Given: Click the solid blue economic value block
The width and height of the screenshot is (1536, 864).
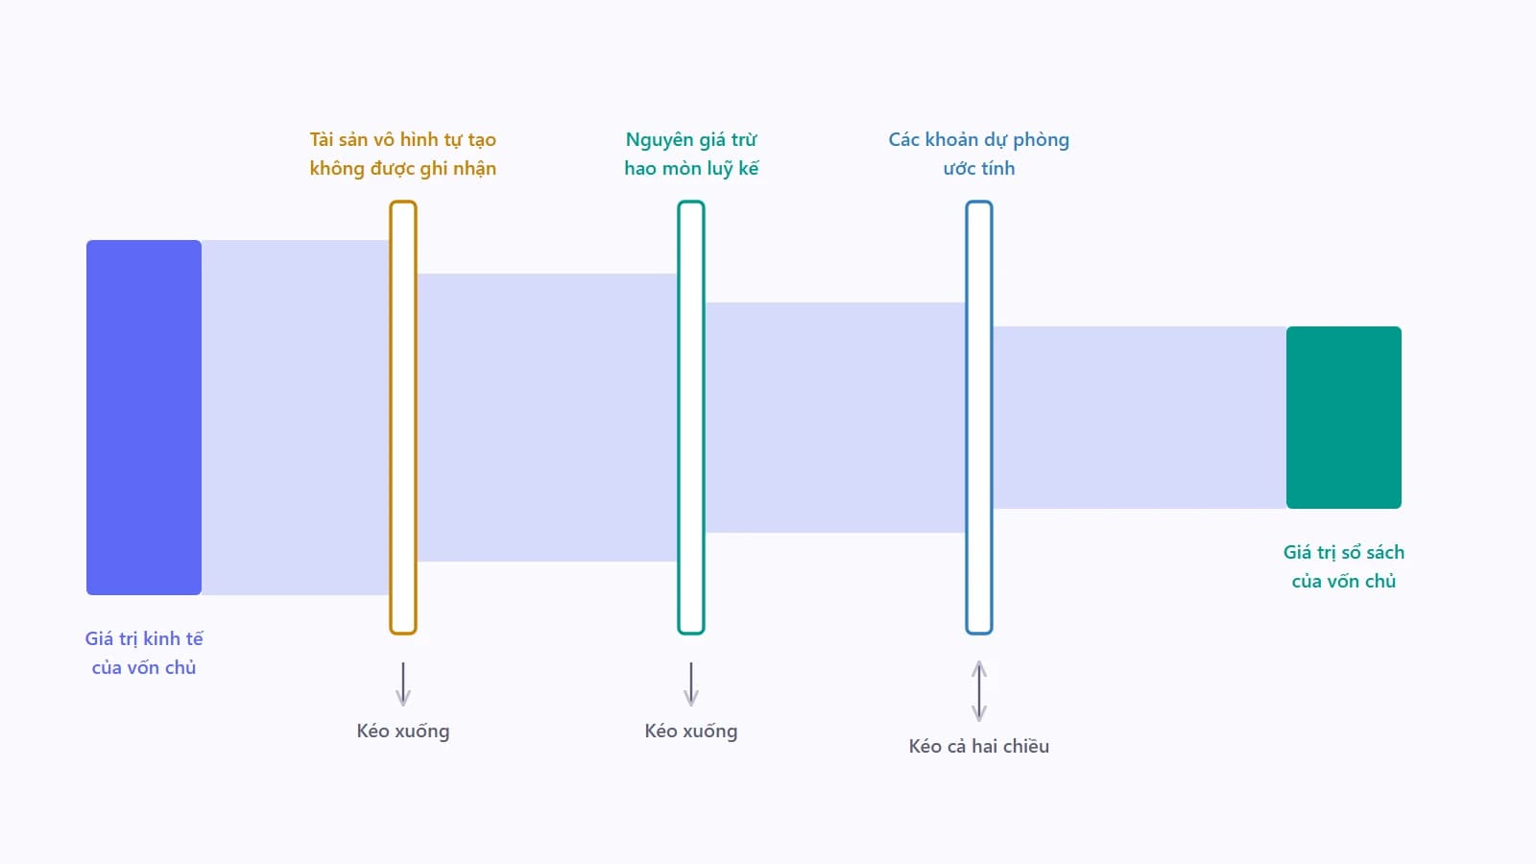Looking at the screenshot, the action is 144,417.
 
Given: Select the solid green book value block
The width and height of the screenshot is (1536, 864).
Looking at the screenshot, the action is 1343,417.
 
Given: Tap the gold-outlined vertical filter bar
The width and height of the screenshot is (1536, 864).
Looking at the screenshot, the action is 403,417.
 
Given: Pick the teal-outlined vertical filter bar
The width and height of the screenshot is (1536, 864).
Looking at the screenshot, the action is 691,417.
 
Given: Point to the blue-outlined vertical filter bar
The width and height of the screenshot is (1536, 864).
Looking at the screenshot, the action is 979,417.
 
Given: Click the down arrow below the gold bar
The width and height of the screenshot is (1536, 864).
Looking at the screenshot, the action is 403,684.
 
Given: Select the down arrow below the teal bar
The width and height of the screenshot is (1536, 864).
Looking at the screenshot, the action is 691,684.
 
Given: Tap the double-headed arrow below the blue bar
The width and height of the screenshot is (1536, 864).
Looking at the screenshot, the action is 979,691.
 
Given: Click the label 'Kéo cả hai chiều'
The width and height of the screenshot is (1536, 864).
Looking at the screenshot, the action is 979,746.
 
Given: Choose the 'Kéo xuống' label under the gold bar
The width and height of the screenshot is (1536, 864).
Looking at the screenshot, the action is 403,731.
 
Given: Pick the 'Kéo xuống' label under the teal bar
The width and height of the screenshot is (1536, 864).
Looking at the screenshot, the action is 691,731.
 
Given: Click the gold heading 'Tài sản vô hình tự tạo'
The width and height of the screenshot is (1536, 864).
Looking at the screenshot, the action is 403,140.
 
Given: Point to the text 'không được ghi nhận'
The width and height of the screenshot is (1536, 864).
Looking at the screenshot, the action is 403,169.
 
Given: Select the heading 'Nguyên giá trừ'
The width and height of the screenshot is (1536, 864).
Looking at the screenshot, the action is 691,140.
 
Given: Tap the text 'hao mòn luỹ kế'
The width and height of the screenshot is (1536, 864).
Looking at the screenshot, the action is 691,169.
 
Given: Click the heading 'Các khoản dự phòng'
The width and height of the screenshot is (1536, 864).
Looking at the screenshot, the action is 979,140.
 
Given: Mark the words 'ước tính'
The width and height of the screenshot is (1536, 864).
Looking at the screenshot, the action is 979,169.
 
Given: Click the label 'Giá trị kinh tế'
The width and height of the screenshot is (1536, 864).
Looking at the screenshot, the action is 144,639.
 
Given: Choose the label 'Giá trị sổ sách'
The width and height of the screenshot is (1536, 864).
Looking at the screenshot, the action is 1343,553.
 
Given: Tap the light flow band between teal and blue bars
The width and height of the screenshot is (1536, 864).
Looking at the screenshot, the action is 835,417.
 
